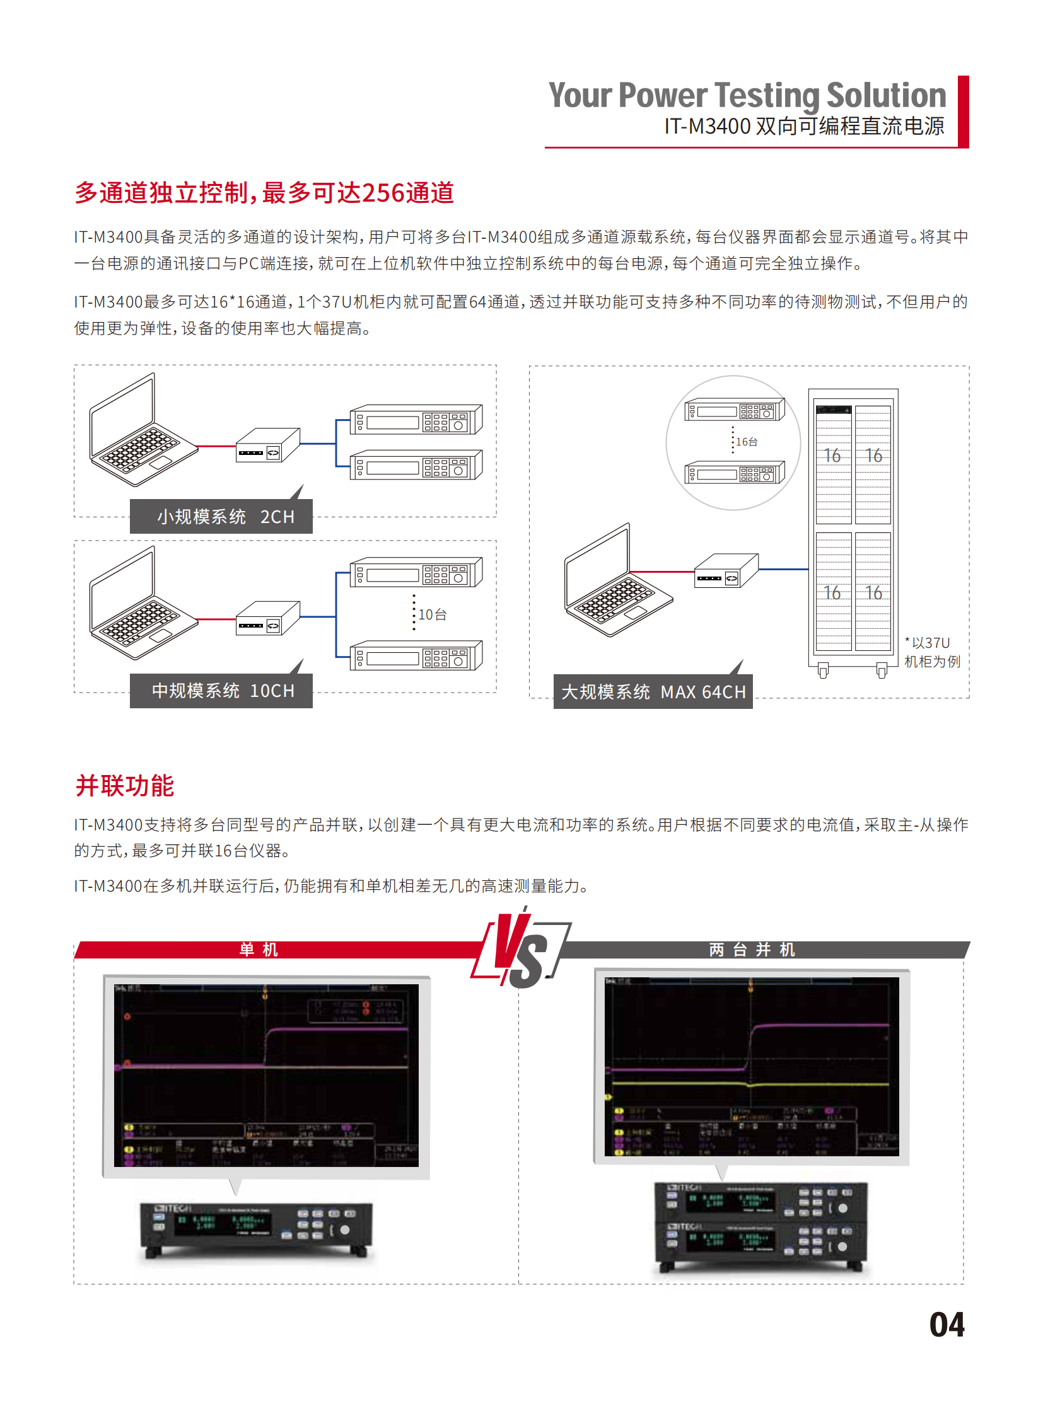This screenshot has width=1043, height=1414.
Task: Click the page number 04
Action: click(946, 1325)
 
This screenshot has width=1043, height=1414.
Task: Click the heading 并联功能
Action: click(124, 786)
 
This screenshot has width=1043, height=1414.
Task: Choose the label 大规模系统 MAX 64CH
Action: click(653, 692)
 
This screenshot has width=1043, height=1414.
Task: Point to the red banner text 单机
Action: click(258, 950)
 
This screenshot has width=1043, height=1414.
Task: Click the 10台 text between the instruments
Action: click(433, 614)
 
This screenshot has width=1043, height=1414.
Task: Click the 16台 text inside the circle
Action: click(746, 442)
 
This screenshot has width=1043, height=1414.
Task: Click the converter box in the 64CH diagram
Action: click(726, 571)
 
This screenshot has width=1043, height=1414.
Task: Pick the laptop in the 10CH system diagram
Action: click(141, 606)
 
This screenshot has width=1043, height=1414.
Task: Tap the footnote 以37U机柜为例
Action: click(932, 652)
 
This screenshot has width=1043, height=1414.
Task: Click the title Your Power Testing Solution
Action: click(747, 96)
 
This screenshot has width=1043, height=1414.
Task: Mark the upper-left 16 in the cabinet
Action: click(832, 456)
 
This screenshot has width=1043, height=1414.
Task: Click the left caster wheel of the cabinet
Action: click(823, 670)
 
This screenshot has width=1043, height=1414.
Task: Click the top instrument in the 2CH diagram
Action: click(416, 420)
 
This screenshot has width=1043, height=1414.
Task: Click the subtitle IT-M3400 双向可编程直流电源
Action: click(804, 126)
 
